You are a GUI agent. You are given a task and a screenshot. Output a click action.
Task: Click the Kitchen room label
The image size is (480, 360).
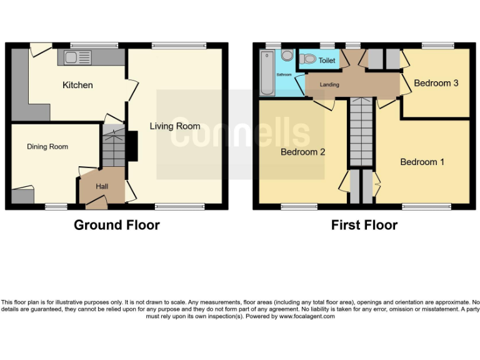click(77, 85)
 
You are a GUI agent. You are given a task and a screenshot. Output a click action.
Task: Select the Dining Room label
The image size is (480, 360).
click(47, 147)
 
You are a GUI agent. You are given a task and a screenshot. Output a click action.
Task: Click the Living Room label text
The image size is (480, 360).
click(175, 126)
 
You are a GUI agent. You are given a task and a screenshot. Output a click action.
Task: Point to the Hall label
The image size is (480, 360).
click(102, 186)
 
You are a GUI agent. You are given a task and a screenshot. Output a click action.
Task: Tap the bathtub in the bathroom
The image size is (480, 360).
click(267, 73)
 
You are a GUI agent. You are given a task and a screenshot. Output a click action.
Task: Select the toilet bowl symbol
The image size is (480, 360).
click(307, 59)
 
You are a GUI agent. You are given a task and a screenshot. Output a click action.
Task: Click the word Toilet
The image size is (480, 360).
click(327, 61)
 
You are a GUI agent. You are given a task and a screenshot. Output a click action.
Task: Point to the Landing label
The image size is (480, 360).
click(329, 84)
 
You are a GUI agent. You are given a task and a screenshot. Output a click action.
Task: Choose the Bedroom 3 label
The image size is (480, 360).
click(436, 82)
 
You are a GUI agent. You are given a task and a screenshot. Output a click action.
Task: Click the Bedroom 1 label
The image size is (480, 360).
click(422, 162)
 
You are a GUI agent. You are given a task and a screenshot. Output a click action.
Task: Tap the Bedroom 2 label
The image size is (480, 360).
click(302, 152)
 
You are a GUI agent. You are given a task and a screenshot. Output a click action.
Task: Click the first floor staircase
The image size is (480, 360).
click(360, 132)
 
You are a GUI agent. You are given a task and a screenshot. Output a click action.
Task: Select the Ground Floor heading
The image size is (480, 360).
click(117, 225)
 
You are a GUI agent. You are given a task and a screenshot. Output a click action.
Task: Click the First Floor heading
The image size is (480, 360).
click(364, 225)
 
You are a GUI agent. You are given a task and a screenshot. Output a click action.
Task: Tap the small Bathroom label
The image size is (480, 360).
click(284, 74)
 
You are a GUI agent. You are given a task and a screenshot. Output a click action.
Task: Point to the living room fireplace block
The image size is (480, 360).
click(132, 147)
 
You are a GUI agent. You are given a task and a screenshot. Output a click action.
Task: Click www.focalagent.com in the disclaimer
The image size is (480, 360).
click(306, 316)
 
